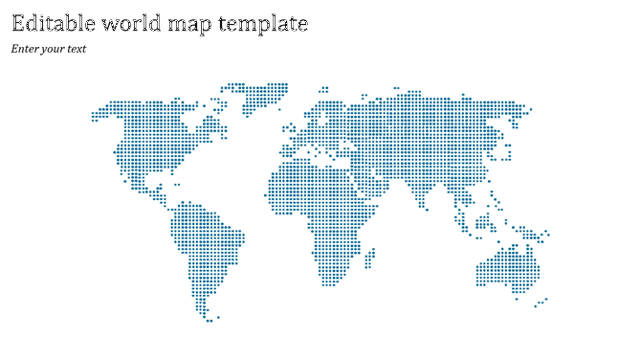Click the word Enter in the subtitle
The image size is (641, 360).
tap(25, 49)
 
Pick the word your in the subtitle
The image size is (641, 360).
tap(54, 50)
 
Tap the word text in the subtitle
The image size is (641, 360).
tap(77, 49)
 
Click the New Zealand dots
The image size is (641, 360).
tap(542, 303)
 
